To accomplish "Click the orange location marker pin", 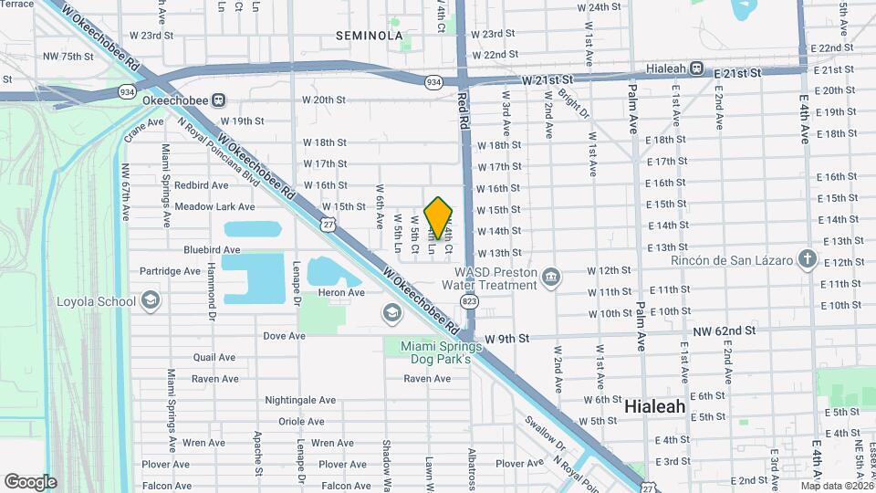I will click(439, 217).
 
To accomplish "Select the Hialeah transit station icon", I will click(696, 68).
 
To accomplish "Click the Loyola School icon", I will click(151, 300).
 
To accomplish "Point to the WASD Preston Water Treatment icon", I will click(550, 277).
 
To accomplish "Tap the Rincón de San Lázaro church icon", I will click(807, 259).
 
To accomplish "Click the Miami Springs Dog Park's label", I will click(440, 352).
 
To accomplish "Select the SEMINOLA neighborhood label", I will click(369, 36).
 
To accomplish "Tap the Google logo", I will click(30, 481).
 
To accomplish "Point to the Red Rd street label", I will click(464, 109).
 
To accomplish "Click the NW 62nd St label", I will click(725, 330).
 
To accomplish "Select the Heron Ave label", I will click(341, 292).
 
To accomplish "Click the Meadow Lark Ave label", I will click(214, 206).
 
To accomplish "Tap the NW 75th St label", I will click(68, 57).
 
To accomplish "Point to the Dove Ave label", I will click(284, 336).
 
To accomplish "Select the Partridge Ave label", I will click(171, 271).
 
